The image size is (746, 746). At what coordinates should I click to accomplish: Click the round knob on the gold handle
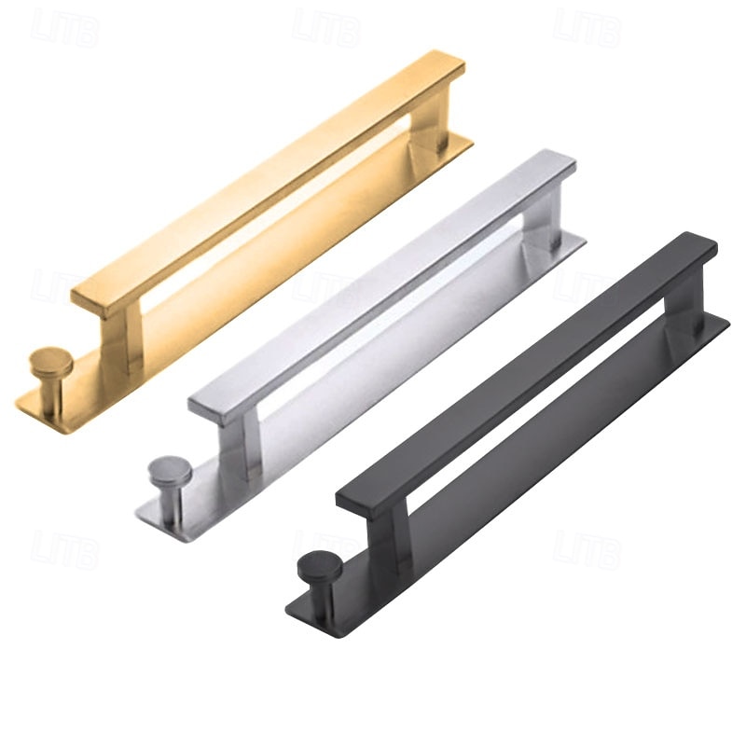(x=46, y=359)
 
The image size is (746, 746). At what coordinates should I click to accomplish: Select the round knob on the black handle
(x=318, y=566)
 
